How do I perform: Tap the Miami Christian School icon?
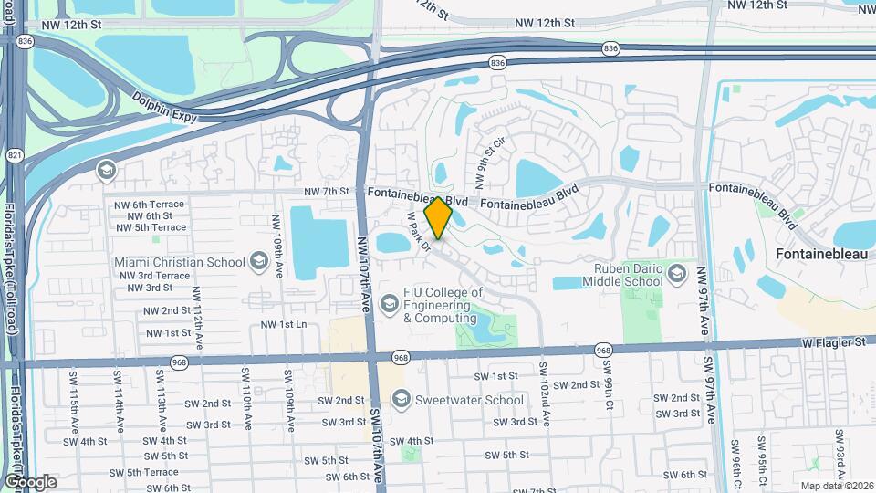[x=258, y=263]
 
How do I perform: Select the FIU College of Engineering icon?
[x=391, y=300]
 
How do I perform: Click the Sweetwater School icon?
[x=401, y=400]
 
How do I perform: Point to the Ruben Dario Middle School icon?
[x=676, y=274]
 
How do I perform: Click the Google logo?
[x=30, y=481]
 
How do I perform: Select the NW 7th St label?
[x=327, y=192]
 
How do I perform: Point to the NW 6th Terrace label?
[x=150, y=205]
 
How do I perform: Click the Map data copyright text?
[x=836, y=486]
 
